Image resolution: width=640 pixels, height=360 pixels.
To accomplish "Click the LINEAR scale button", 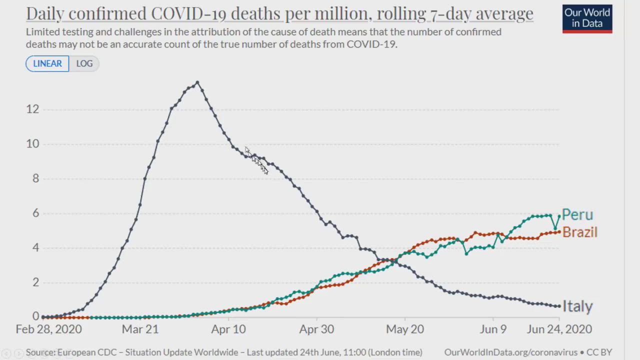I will click(47, 63).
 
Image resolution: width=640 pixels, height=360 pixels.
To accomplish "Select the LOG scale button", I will click(84, 63).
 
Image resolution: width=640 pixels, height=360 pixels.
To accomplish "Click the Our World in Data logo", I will click(587, 18).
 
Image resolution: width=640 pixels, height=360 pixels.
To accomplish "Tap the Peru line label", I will click(577, 214).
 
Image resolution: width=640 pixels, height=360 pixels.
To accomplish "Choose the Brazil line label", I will click(580, 232).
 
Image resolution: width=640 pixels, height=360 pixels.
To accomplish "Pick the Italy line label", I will click(577, 306).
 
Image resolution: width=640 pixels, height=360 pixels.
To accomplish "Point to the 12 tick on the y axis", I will click(32, 109).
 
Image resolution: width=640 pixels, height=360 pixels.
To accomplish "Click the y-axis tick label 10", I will click(32, 144).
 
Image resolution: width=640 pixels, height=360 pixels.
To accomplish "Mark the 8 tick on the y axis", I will click(35, 178).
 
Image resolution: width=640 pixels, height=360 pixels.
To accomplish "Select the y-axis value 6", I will click(35, 213).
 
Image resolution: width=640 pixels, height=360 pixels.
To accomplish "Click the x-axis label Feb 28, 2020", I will click(48, 329).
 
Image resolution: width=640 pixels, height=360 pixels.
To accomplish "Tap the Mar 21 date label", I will click(140, 329).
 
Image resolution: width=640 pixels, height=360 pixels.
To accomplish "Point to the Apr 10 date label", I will click(228, 329).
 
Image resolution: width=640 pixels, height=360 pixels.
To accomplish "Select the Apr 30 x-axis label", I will click(316, 329).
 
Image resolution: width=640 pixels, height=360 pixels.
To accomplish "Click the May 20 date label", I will click(405, 329).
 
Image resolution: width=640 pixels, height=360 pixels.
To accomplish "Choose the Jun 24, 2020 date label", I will click(559, 329).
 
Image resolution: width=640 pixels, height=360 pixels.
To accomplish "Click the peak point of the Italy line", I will click(197, 82).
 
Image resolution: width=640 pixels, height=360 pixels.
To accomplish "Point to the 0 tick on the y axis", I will click(35, 316).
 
